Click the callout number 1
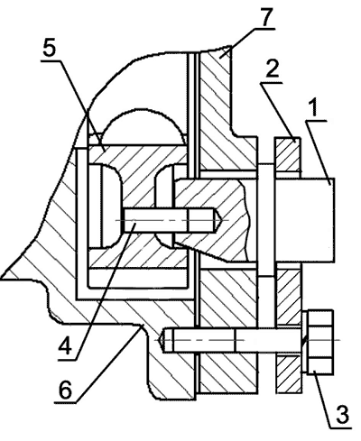(x=313, y=108)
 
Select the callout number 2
(x=272, y=70)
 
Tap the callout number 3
(x=341, y=414)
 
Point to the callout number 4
(x=65, y=346)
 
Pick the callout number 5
(x=50, y=48)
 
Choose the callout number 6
(x=65, y=390)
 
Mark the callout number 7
(x=265, y=17)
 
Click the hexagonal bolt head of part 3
(x=318, y=342)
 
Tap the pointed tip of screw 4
(x=222, y=220)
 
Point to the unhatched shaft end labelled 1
(x=304, y=220)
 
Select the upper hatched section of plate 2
(x=287, y=154)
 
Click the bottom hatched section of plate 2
(x=289, y=374)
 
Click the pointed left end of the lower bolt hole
(x=162, y=340)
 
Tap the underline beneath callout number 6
(x=65, y=402)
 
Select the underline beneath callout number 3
(x=341, y=427)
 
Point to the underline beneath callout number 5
(x=51, y=60)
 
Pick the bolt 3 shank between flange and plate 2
(x=266, y=340)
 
